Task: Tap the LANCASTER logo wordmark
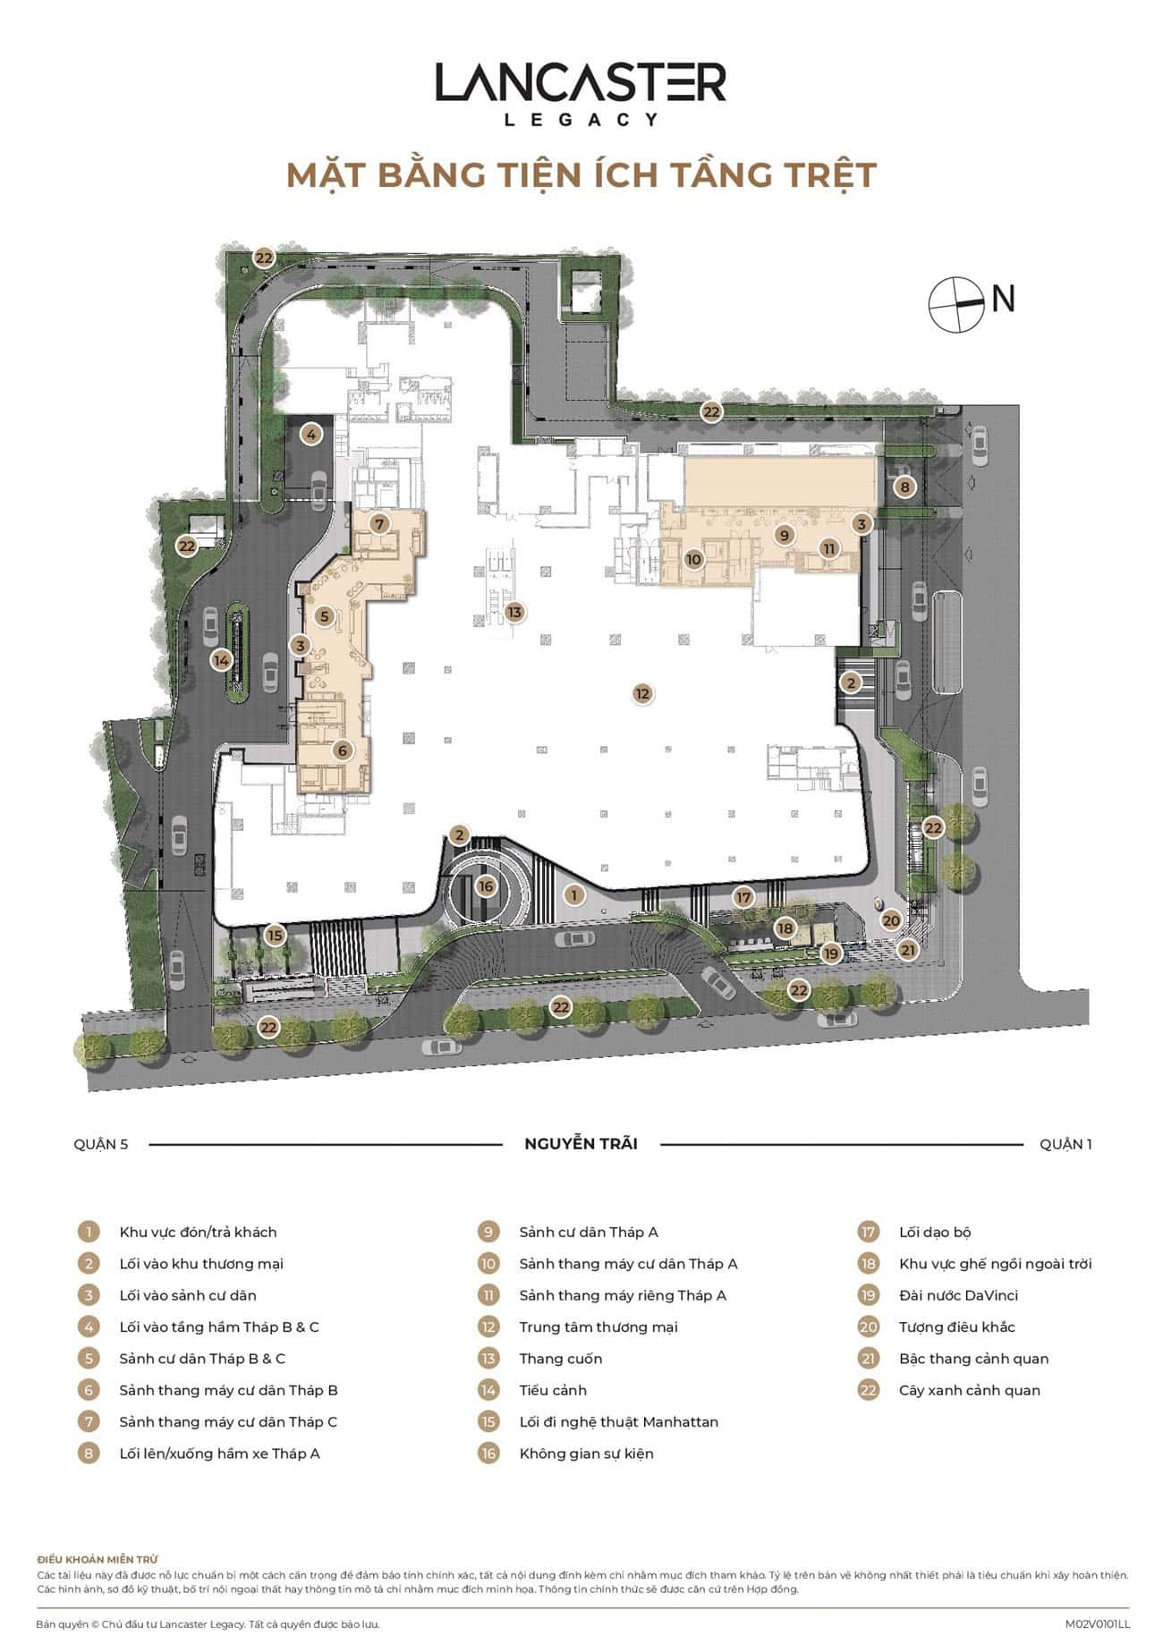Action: (581, 82)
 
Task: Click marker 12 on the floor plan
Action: (641, 693)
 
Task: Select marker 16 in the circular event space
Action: (486, 886)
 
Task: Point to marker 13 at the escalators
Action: (514, 613)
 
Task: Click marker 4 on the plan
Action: (310, 436)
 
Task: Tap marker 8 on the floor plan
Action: (905, 487)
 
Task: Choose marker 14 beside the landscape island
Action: (221, 661)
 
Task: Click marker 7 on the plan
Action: (378, 524)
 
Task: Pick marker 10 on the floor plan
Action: (693, 560)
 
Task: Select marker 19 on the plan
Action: (832, 953)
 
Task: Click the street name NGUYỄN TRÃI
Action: (581, 1143)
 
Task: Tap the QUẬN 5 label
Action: (101, 1144)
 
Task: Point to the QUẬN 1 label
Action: (1065, 1144)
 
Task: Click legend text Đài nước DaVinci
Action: (958, 1295)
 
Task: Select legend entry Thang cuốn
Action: (561, 1359)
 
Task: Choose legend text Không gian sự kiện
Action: (587, 1453)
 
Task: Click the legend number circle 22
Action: (868, 1390)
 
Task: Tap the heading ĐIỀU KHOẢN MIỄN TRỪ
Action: (98, 1560)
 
